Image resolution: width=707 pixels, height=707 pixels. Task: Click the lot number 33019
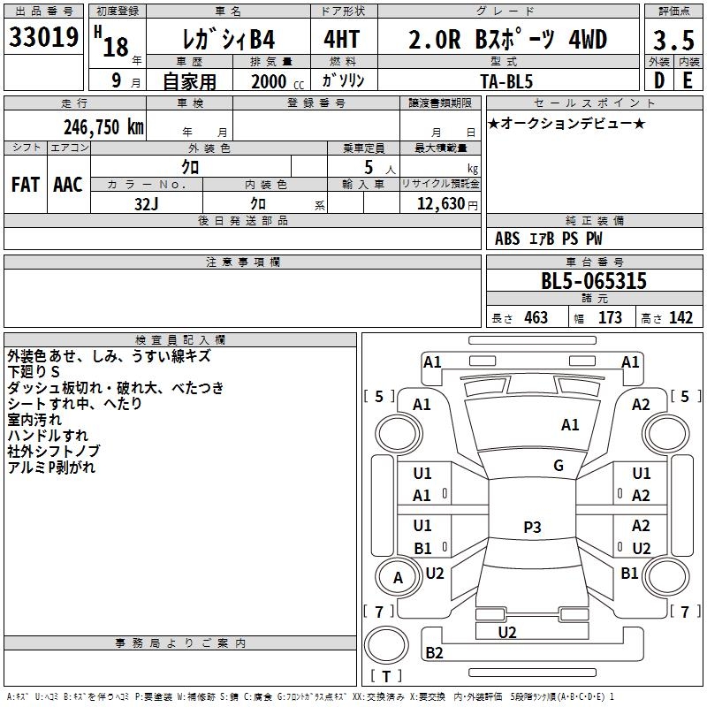coord(43,37)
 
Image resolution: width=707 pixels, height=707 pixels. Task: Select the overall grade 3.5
coord(673,40)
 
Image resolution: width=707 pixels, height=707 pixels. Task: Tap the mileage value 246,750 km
coord(103,127)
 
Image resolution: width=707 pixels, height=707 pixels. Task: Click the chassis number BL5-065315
coord(594,281)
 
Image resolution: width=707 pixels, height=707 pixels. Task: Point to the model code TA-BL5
coord(506,81)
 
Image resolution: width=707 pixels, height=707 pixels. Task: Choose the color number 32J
coord(147,204)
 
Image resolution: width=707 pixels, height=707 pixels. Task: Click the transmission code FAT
coord(26,185)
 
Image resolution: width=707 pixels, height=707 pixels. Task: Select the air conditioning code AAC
coord(68,185)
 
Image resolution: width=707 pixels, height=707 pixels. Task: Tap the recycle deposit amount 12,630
coord(441,203)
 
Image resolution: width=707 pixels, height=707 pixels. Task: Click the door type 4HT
coord(342,39)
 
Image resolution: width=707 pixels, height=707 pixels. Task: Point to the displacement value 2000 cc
coord(277,81)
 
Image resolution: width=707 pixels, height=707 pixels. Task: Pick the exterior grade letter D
coord(659,80)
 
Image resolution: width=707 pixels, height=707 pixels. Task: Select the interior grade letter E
coord(688,80)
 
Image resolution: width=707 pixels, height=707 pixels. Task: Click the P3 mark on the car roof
coord(532,527)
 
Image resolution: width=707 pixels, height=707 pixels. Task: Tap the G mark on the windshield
coord(559,465)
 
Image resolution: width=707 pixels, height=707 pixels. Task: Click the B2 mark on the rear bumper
coord(434,652)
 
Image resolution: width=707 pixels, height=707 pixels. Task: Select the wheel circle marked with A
coord(399,578)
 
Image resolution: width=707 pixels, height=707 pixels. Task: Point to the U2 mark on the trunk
coord(507,633)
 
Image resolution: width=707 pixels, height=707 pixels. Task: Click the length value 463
coord(536,318)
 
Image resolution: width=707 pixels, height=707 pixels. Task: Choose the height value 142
coord(680,318)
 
